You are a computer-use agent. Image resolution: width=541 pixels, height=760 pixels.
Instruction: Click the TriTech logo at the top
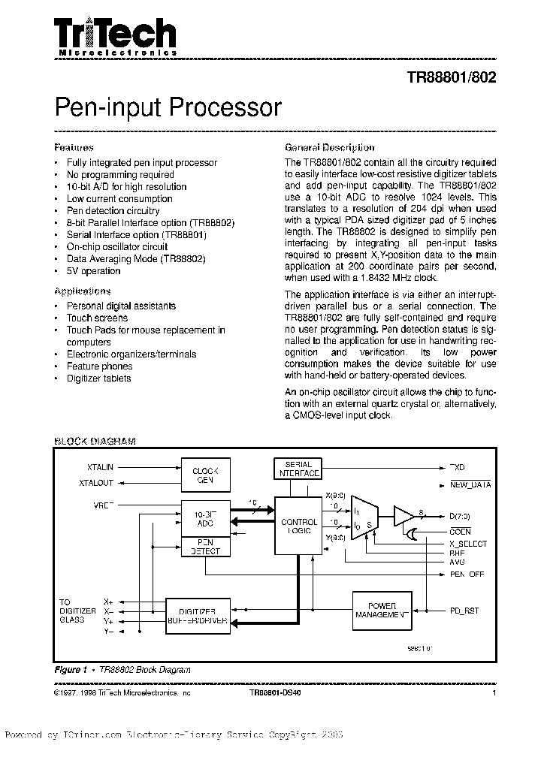click(x=115, y=37)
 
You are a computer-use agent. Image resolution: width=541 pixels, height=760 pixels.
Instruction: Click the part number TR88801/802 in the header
click(x=451, y=77)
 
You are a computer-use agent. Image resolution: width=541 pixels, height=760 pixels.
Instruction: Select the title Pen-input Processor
click(x=168, y=107)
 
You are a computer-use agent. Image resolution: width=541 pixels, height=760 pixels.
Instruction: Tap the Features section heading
click(x=74, y=148)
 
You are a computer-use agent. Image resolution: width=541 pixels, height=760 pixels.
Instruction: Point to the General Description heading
click(x=329, y=148)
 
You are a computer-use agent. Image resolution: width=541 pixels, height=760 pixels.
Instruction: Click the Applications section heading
click(x=83, y=291)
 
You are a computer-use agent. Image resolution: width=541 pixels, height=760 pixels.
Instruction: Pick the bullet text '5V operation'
click(x=93, y=271)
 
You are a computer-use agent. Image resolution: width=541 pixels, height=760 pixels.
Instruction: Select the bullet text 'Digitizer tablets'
click(x=98, y=378)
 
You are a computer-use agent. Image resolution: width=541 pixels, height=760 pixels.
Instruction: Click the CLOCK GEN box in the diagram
click(x=205, y=475)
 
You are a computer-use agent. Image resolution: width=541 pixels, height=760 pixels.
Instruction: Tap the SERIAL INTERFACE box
click(x=298, y=469)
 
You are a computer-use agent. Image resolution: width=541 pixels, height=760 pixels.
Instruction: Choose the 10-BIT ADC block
click(x=205, y=519)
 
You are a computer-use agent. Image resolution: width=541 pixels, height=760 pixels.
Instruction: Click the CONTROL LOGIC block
click(x=299, y=526)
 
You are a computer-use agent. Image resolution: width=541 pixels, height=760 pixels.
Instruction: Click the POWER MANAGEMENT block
click(x=382, y=610)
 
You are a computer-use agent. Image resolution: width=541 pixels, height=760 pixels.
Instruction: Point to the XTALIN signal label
click(x=95, y=467)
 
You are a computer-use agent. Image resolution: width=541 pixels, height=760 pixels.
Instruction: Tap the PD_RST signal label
click(x=464, y=611)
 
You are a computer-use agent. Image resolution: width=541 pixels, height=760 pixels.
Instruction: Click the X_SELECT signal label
click(x=467, y=544)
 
